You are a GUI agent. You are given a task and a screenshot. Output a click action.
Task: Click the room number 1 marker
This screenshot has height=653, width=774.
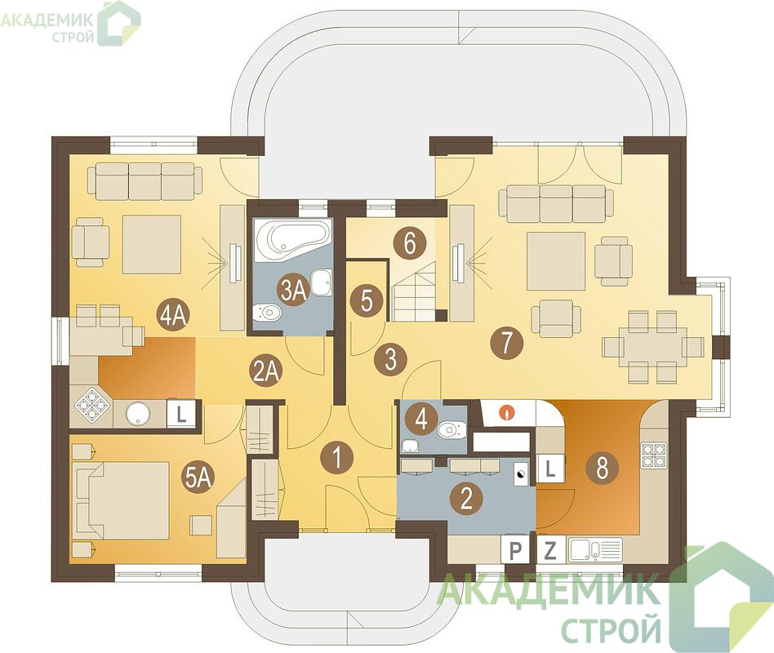(x=336, y=456)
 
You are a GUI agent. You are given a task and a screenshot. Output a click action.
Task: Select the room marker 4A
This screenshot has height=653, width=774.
(x=172, y=314)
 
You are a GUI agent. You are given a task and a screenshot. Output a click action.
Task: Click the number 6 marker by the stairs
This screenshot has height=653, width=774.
(x=409, y=243)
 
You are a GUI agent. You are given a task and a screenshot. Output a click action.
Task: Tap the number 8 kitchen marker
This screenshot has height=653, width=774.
(x=602, y=468)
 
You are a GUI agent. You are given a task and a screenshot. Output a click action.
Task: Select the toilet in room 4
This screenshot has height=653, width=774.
(x=451, y=429)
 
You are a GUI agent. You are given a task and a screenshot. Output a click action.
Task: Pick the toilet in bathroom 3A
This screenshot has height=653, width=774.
(x=265, y=312)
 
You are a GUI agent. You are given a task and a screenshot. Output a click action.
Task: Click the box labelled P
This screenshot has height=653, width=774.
(x=515, y=550)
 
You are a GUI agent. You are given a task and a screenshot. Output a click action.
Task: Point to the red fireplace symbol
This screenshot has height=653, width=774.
(x=507, y=411)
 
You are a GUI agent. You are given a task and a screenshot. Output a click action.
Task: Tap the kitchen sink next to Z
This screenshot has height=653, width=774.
(x=595, y=550)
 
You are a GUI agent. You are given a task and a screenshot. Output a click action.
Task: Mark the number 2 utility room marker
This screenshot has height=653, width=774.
(x=465, y=498)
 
